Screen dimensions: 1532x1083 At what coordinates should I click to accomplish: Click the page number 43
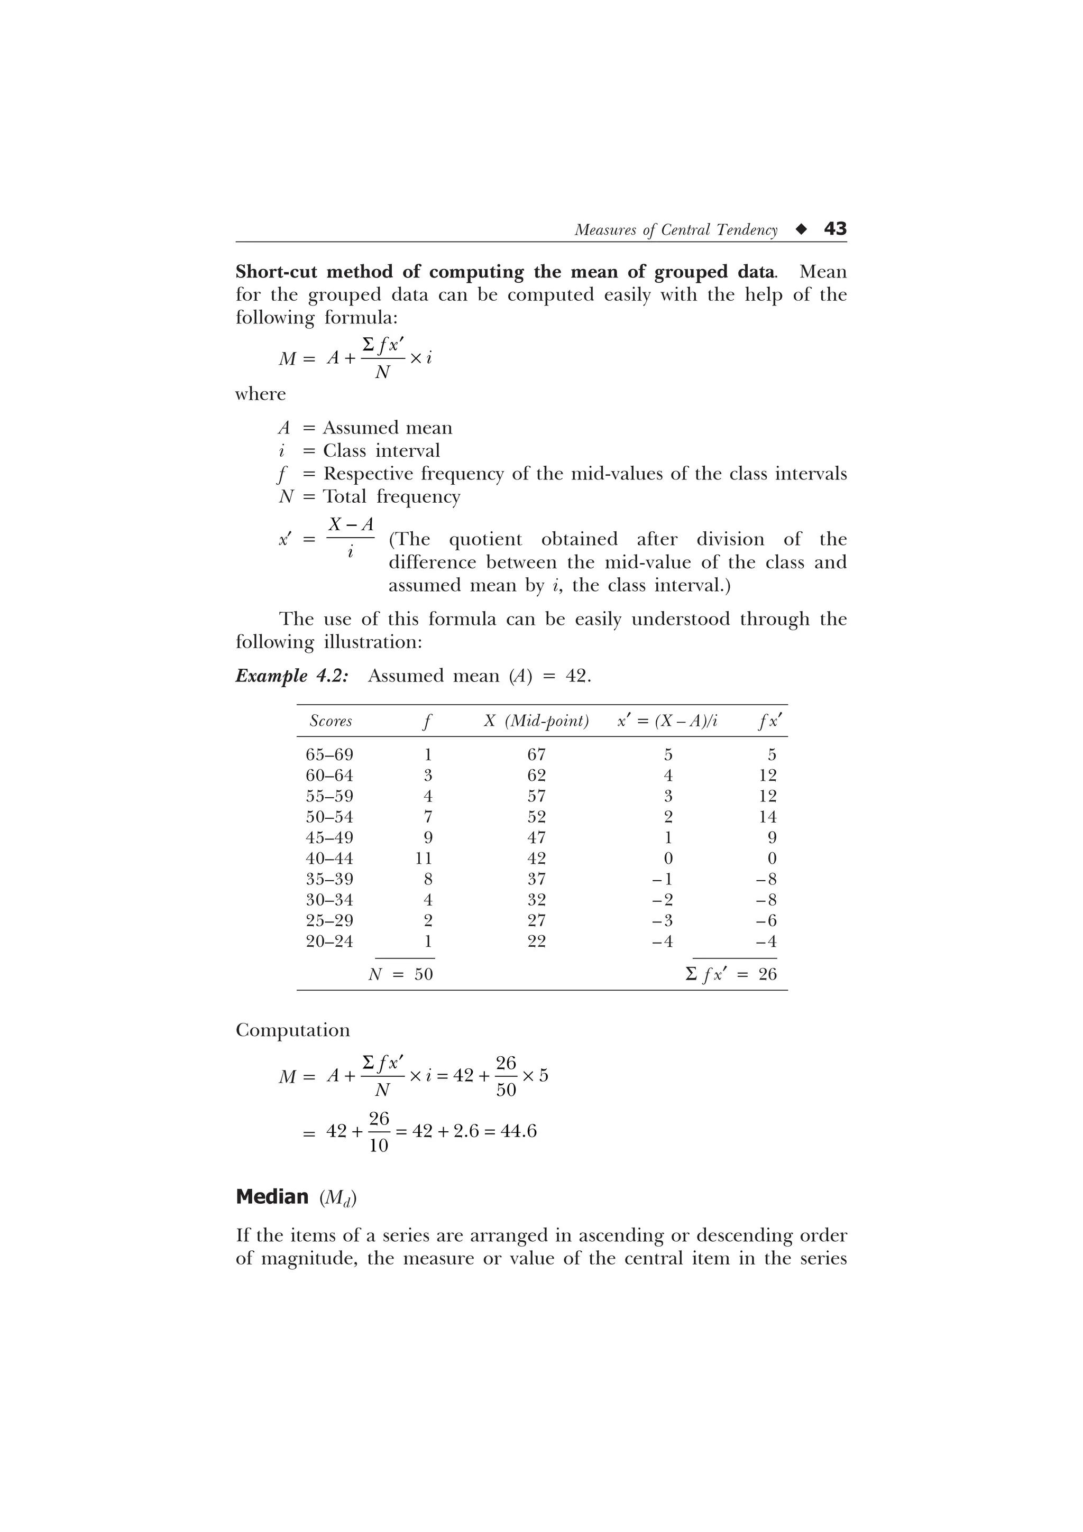[x=835, y=229]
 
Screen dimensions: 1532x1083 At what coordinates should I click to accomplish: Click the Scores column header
[x=331, y=721]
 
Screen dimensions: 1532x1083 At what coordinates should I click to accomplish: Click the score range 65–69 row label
[x=329, y=755]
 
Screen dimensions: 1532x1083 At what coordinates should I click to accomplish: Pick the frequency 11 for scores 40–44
[x=424, y=858]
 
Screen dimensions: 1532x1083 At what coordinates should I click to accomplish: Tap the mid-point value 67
[x=537, y=755]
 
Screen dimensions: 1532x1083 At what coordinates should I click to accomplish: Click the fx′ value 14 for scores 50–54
[x=767, y=817]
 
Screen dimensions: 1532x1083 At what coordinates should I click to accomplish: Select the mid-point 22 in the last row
[x=537, y=942]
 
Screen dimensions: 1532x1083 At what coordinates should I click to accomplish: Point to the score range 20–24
[x=329, y=942]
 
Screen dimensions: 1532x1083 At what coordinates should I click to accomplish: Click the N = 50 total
[x=401, y=974]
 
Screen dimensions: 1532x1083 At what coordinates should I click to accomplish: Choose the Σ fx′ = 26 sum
[x=731, y=974]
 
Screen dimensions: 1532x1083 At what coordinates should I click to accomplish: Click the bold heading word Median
[x=272, y=1196]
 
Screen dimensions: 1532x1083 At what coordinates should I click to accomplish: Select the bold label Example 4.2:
[x=291, y=676]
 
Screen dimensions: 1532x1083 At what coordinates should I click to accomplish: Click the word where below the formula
[x=260, y=394]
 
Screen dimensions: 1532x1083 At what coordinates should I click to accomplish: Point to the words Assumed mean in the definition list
[x=388, y=428]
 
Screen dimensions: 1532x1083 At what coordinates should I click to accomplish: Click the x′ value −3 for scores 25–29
[x=663, y=921]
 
